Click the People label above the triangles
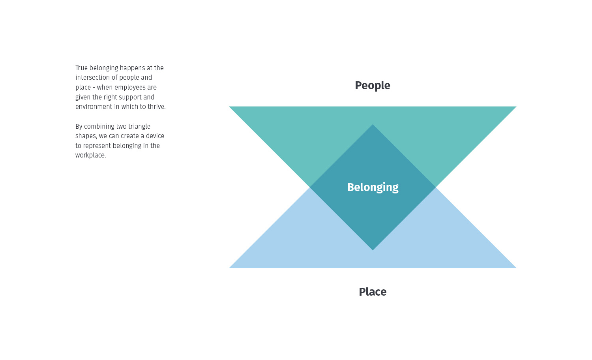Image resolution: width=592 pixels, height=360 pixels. point(372,85)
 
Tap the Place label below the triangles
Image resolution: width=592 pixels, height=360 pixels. point(372,292)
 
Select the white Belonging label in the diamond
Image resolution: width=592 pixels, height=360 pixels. point(372,187)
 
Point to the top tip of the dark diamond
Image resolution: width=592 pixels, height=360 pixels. point(373,125)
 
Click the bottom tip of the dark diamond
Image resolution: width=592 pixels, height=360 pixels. point(373,249)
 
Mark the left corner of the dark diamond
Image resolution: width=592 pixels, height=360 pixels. point(311,187)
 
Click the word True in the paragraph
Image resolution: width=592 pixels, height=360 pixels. point(81,68)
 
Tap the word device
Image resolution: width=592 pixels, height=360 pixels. point(155,136)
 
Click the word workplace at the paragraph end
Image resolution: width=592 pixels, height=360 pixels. point(90,156)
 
